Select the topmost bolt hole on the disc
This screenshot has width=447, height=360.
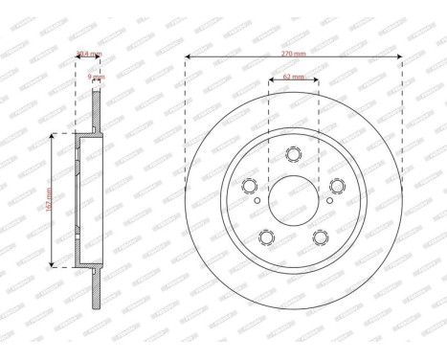pyautogui.click(x=293, y=153)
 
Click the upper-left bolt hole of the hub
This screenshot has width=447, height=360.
pyautogui.click(x=251, y=185)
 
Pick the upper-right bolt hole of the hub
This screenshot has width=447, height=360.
pyautogui.click(x=336, y=185)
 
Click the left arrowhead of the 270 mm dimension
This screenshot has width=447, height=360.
pyautogui.click(x=188, y=57)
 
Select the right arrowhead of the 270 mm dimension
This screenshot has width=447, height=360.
pyautogui.click(x=399, y=57)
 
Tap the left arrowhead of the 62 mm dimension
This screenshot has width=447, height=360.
pyautogui.click(x=270, y=80)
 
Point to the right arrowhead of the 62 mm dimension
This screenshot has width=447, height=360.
pyautogui.click(x=317, y=80)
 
